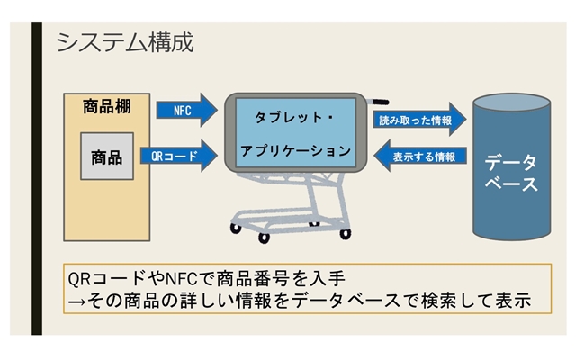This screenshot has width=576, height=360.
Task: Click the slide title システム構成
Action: pos(125,42)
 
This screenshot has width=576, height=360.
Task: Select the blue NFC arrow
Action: pos(186,110)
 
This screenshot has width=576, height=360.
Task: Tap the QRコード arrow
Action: pos(179,156)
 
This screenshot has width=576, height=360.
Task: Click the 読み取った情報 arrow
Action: pos(420,120)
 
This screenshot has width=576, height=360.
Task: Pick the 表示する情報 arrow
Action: pos(420,156)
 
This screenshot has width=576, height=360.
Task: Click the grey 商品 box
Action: pos(107,156)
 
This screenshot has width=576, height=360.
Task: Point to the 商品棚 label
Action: pos(107,106)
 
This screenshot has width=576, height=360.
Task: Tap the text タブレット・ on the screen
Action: pos(294,118)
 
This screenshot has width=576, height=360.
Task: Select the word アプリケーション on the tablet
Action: pos(296,151)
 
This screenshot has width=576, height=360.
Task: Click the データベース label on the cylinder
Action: pos(511,173)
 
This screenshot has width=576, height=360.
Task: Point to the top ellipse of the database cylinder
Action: pos(511,102)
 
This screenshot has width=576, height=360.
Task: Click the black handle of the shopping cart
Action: pos(381,102)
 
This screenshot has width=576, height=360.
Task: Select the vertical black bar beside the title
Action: pos(37,178)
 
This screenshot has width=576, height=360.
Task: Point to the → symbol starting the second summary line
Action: pos(76,301)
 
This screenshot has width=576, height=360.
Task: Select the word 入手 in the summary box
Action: pos(327,278)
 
